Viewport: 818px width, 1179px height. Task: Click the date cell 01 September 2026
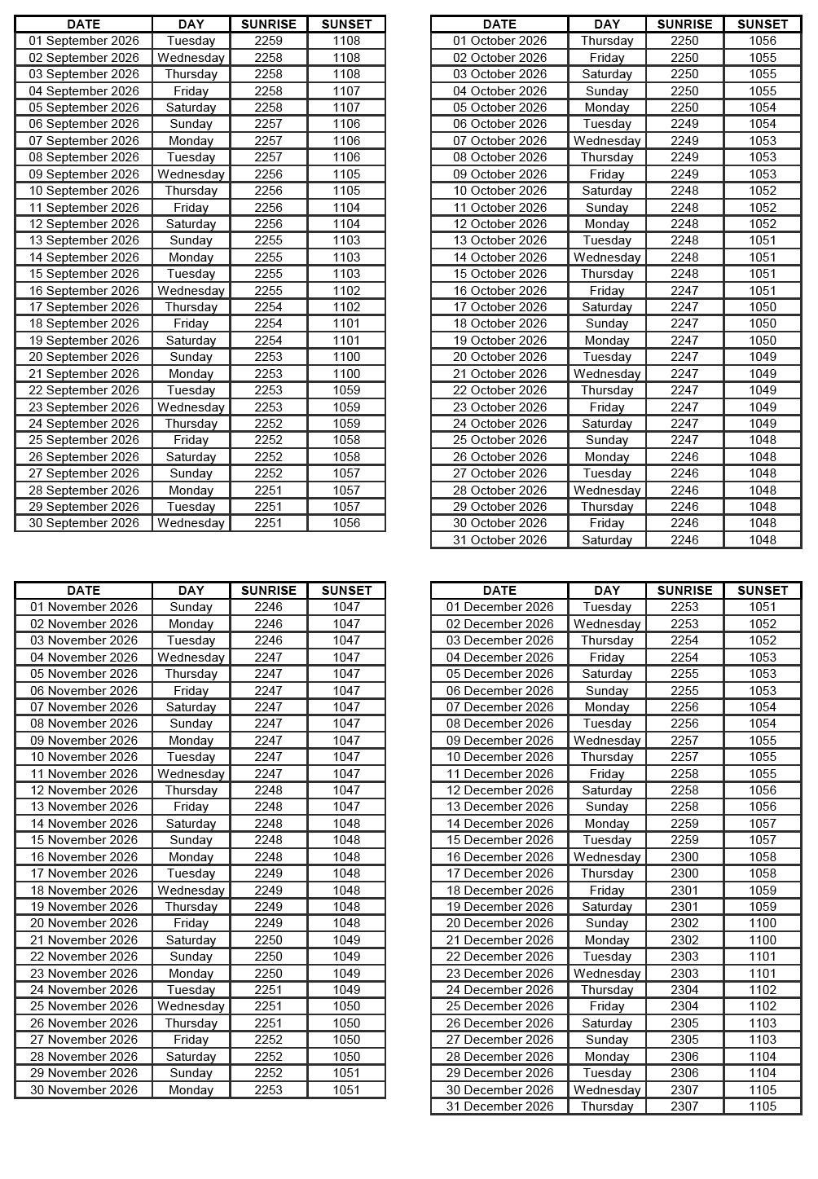84,41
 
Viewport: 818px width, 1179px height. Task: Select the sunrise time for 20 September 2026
268,357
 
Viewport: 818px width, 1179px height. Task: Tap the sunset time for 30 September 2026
346,523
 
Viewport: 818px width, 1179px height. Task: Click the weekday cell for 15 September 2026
191,274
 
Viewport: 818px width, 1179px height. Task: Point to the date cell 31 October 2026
499,540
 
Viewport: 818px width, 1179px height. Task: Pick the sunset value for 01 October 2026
763,41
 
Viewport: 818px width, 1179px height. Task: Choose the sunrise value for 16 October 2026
684,291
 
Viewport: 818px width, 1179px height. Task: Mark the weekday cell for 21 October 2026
607,374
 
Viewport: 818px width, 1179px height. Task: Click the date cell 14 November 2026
84,824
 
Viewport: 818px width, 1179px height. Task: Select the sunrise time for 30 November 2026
268,1090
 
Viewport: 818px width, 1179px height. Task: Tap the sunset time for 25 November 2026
346,1006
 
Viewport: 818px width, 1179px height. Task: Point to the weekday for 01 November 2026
191,607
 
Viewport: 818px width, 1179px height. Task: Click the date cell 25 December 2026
499,1006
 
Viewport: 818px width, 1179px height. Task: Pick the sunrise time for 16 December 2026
684,857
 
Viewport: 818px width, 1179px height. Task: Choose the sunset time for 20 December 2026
763,923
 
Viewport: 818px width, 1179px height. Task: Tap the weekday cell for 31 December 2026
607,1106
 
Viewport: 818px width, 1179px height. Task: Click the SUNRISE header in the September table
268,24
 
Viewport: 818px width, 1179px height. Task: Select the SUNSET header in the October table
763,24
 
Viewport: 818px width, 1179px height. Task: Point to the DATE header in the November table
84,591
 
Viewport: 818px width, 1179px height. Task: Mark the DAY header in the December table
607,591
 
